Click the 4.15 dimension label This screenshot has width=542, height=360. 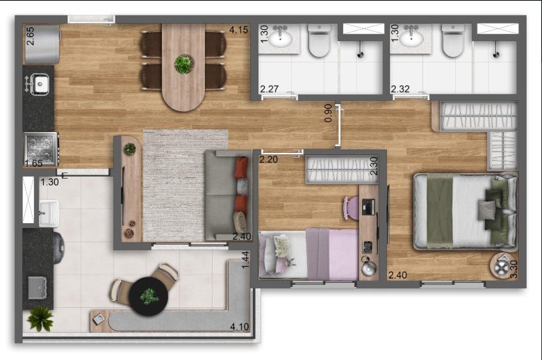[238, 30]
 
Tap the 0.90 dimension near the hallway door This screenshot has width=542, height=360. [328, 113]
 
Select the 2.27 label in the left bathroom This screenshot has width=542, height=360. [270, 89]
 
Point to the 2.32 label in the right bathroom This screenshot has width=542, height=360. [400, 89]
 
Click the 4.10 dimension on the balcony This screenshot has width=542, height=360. [239, 327]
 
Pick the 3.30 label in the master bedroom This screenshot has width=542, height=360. [514, 269]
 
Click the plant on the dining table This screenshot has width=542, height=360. [183, 65]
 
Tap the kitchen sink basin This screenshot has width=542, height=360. [40, 84]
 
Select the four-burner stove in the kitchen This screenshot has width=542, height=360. [41, 149]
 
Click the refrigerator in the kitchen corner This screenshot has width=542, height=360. [42, 44]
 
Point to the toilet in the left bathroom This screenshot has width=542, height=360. [319, 41]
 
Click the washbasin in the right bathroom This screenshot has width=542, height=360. [411, 39]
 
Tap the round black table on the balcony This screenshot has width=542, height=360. [149, 296]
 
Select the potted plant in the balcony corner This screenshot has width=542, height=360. [40, 318]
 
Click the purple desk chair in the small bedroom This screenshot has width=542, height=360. [351, 208]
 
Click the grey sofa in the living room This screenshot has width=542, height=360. [227, 195]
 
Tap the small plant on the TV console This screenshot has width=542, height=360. [130, 149]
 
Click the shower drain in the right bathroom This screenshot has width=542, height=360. [497, 54]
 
